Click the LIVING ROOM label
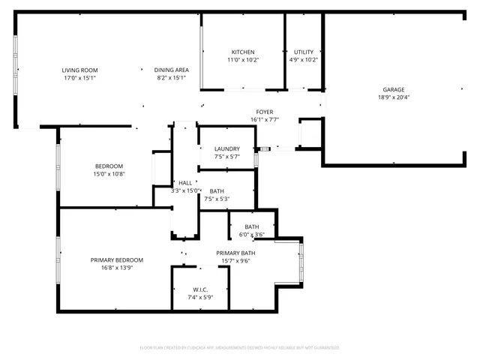coord(79,70)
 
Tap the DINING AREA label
coord(172,70)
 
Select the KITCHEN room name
coord(242,52)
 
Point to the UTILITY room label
coord(304,52)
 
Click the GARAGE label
coord(394,89)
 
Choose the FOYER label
coord(264,111)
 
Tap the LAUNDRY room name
coord(226,148)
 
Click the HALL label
coord(185,183)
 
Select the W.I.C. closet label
coord(200,289)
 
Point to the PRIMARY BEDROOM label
coord(117,260)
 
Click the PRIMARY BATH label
coord(236,253)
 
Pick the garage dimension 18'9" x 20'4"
coord(394,97)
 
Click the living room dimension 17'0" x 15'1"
coord(79,78)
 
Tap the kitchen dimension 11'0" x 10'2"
coord(242,60)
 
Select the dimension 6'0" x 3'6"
coord(251,235)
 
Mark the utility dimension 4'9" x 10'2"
coord(304,60)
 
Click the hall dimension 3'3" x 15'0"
coord(184,191)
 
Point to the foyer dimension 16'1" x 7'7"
coord(264,119)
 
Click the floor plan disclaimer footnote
coord(240,348)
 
